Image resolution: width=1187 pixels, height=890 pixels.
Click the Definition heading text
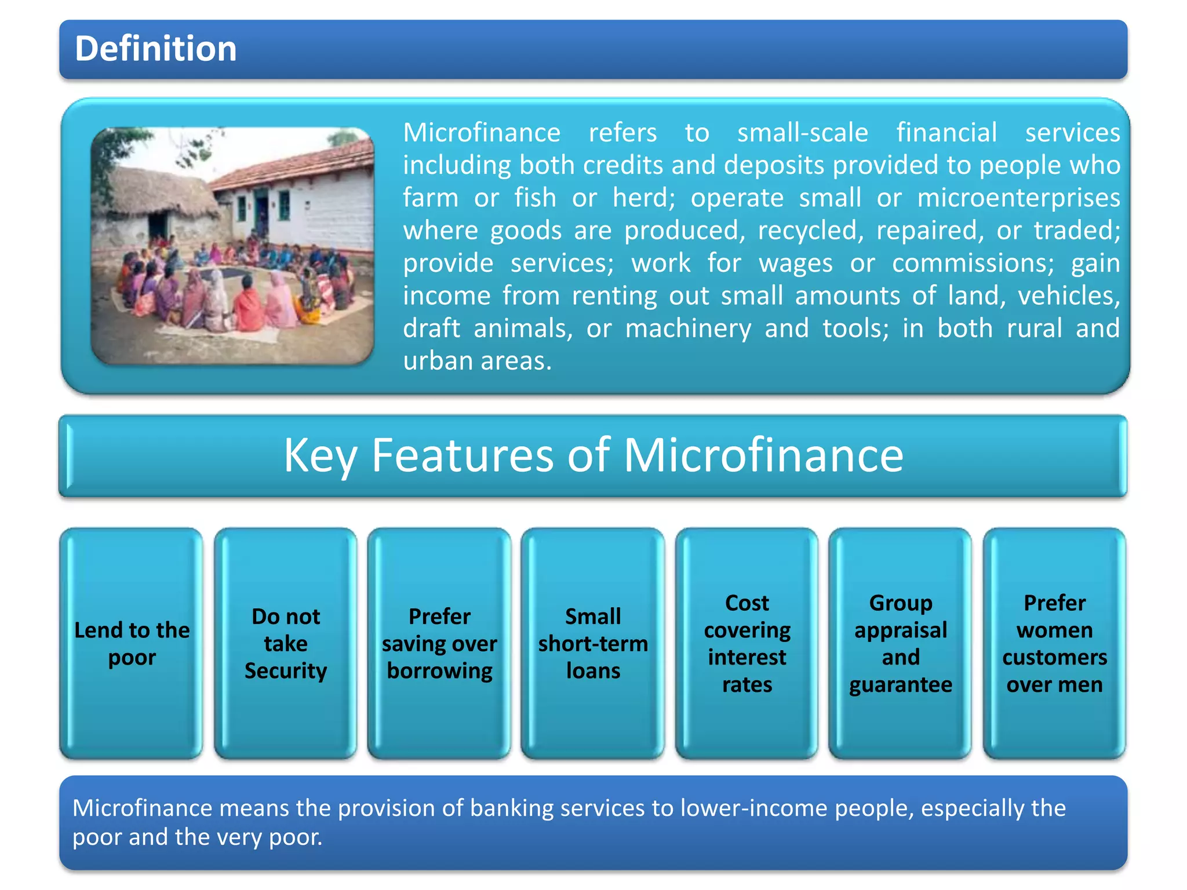(155, 49)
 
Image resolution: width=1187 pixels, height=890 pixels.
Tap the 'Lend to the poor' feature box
(132, 643)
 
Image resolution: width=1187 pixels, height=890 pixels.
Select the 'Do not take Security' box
(285, 643)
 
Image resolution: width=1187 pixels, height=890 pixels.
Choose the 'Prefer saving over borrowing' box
(439, 643)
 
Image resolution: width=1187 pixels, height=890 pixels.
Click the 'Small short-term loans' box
(593, 643)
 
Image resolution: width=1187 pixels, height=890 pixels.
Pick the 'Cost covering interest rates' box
(747, 643)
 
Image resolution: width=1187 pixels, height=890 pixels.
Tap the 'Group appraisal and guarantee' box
(900, 643)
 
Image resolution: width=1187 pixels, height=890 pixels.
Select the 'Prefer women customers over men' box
(1054, 643)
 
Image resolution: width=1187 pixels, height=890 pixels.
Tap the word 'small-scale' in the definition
(802, 133)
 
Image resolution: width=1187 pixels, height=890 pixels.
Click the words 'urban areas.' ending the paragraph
(477, 361)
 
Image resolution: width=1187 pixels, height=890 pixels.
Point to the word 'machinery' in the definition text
(687, 329)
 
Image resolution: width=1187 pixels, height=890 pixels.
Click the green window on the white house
(285, 206)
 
